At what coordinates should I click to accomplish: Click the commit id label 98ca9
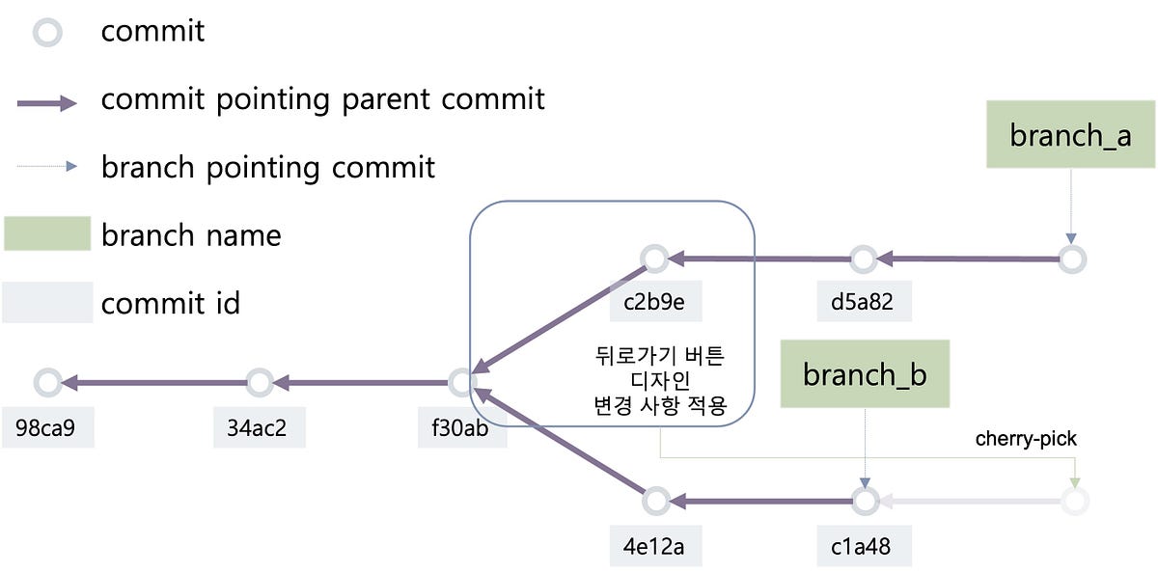point(48,427)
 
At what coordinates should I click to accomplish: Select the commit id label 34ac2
point(260,427)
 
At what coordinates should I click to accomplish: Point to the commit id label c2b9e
point(655,301)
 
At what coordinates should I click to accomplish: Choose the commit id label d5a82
point(862,301)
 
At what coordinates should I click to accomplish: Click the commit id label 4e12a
point(655,546)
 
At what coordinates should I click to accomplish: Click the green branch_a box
point(1069,136)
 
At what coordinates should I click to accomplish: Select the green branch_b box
point(866,374)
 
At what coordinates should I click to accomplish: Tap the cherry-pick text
point(1025,439)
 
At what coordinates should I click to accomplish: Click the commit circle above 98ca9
point(46,382)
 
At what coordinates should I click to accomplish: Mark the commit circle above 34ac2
point(259,382)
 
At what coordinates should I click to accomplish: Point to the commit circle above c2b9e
point(655,259)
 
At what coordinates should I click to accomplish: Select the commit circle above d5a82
point(864,259)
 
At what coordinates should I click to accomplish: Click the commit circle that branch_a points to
point(1072,259)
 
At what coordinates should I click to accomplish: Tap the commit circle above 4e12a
point(655,502)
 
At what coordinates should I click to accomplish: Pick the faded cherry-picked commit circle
point(1074,502)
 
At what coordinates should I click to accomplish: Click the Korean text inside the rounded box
point(659,381)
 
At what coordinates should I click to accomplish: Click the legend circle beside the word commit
point(46,33)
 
